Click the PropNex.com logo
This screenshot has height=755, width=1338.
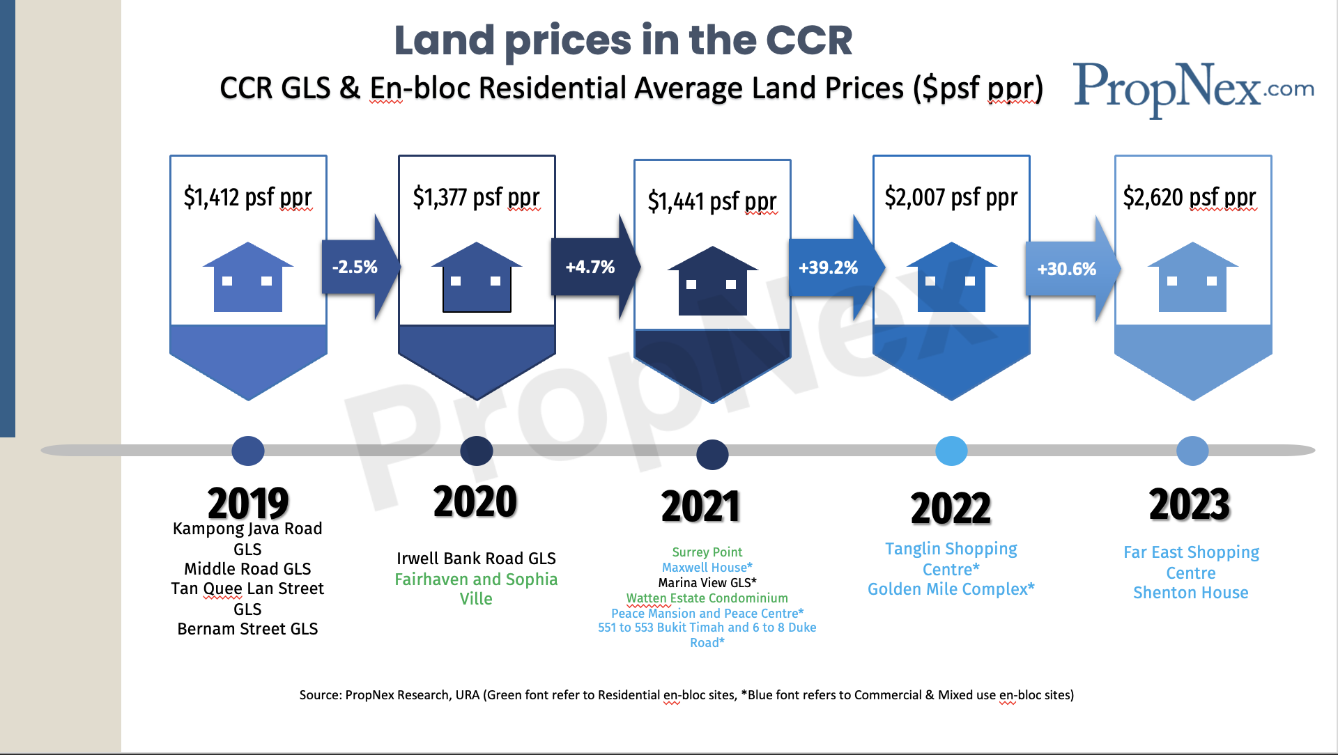coord(1193,89)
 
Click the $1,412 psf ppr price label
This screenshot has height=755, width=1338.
coord(247,197)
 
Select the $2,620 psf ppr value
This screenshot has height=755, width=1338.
coord(1190,197)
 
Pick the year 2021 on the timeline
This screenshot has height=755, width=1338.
coord(700,506)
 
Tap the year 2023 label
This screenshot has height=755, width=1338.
coord(1190,504)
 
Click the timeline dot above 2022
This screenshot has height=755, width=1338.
coord(951,451)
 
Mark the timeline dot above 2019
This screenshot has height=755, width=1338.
coord(248,451)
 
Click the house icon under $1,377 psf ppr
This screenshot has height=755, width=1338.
coord(477,277)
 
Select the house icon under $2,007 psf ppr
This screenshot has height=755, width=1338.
coord(951,277)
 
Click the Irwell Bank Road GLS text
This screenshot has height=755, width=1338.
coord(476,559)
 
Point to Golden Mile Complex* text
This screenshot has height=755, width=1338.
coord(951,589)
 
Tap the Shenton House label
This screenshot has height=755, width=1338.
coord(1190,593)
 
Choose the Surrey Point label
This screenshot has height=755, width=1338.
coord(707,552)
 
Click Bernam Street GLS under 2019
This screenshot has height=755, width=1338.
coord(247,629)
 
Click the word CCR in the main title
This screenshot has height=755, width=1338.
coord(808,40)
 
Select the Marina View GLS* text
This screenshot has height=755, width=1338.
coord(707,583)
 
